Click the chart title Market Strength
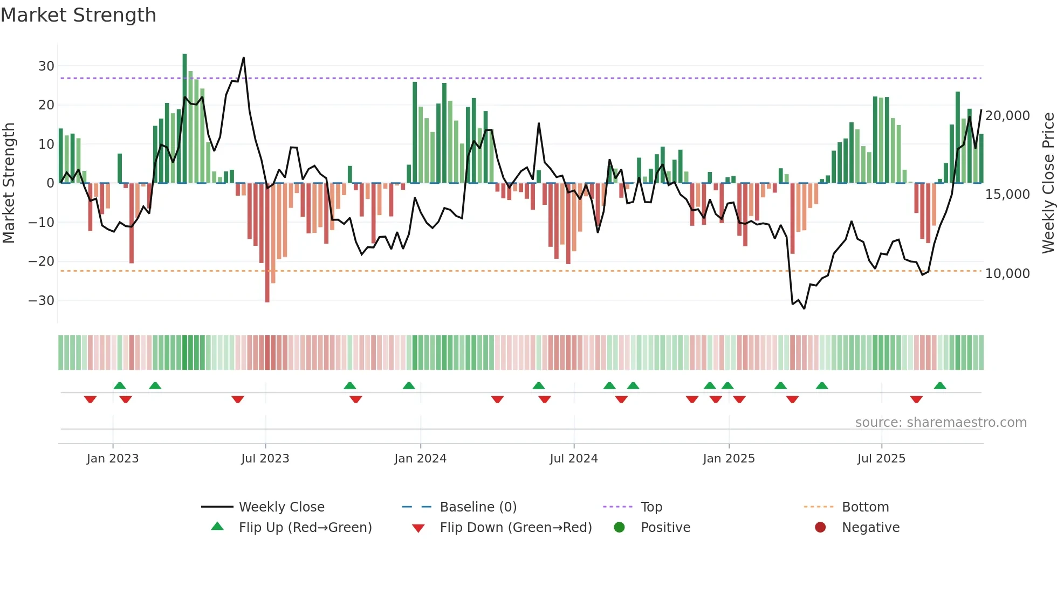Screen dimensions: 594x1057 (78, 15)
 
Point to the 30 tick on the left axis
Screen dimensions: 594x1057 (46, 66)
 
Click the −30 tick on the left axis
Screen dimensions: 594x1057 (42, 300)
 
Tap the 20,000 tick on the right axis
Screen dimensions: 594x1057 (1007, 116)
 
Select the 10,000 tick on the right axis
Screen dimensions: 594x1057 (1007, 274)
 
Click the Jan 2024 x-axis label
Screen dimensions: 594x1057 (420, 459)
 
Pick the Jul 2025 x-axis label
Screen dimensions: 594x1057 (881, 459)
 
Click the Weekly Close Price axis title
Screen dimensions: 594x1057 (1048, 183)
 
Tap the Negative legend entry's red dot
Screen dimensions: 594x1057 (820, 527)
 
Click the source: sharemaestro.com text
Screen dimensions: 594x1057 (941, 423)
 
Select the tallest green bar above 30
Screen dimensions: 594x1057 (184, 119)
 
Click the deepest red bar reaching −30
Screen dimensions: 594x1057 (267, 243)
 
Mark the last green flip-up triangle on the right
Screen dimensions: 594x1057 (940, 385)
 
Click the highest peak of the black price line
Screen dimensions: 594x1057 (244, 58)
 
